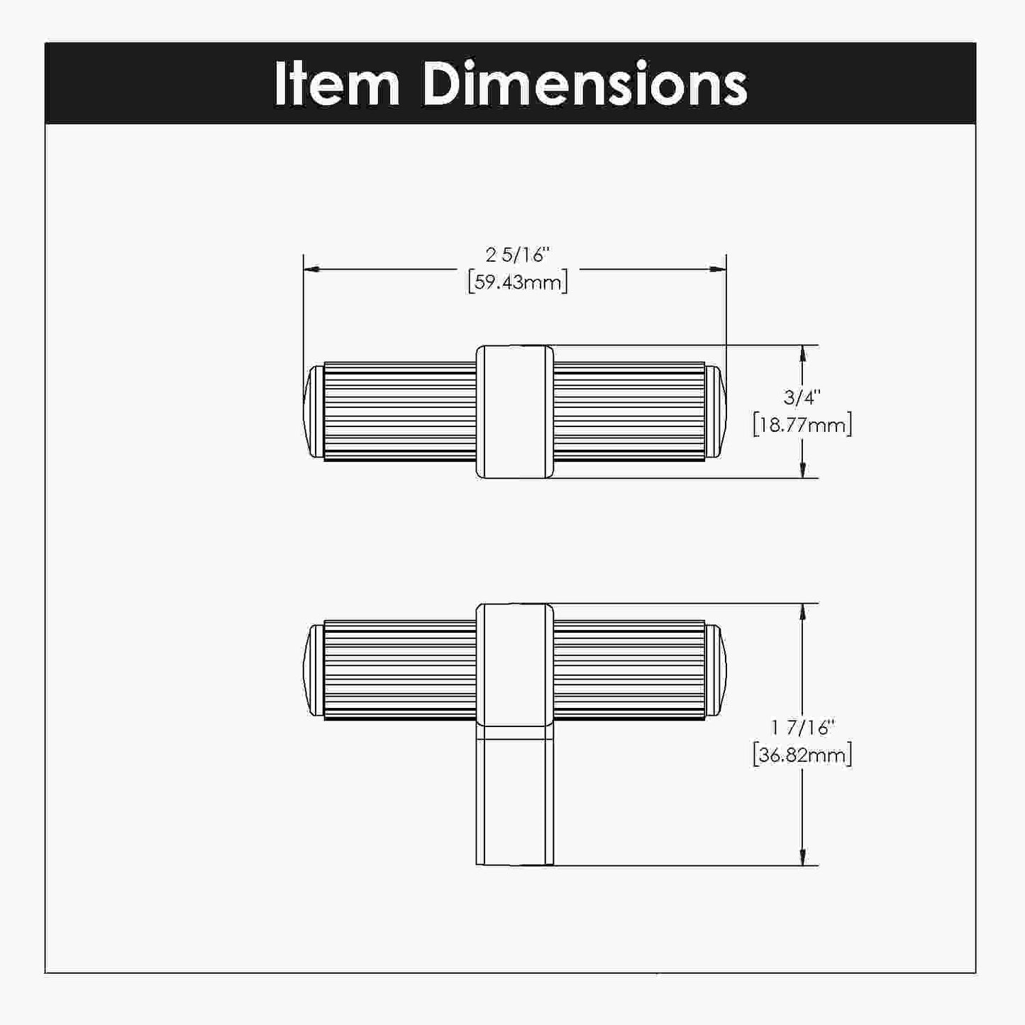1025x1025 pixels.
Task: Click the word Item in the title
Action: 337,84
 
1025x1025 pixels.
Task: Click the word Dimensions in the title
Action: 584,84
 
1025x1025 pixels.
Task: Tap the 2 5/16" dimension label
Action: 518,255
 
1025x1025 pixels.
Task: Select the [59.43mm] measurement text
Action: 518,282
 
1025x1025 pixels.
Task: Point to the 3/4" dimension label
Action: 802,397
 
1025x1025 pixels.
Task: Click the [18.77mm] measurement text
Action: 802,426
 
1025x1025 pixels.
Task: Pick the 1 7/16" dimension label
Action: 802,727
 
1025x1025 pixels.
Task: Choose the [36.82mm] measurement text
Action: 802,755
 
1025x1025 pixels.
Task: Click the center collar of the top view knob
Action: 514,411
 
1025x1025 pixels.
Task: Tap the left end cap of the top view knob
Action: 314,411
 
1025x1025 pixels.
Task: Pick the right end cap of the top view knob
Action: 716,411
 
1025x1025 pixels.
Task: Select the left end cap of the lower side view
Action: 314,670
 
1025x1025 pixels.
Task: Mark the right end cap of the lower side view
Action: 716,670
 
